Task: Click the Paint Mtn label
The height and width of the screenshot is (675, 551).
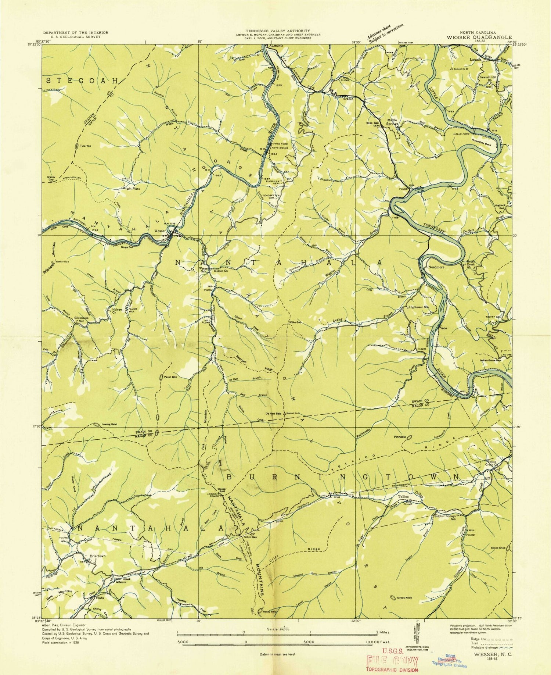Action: [171, 377]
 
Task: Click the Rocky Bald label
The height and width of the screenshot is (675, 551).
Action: [270, 612]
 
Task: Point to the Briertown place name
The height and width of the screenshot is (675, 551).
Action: [95, 556]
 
